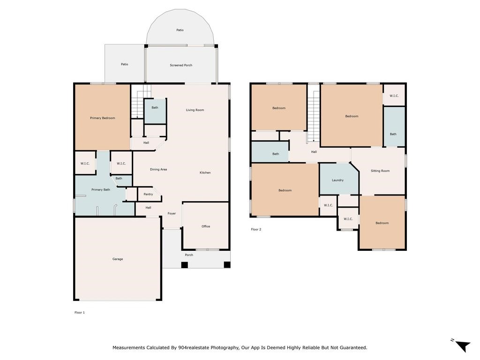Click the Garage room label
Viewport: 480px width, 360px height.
118,259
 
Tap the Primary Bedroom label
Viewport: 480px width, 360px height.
103,118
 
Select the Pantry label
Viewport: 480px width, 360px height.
148,194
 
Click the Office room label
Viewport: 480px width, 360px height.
206,226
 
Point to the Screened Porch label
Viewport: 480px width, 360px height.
181,65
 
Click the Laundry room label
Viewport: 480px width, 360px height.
337,180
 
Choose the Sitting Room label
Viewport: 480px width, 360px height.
380,171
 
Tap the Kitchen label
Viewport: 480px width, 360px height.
205,172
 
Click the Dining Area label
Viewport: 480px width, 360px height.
158,169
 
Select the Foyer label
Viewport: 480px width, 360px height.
172,213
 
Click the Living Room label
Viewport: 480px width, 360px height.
195,110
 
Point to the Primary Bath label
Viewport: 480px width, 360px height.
101,189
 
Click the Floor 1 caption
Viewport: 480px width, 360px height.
80,312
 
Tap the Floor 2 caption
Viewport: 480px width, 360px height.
256,229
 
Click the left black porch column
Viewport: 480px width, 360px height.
184,265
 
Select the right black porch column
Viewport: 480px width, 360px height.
227,265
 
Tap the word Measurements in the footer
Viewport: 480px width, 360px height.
128,347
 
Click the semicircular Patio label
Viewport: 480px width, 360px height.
180,30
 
